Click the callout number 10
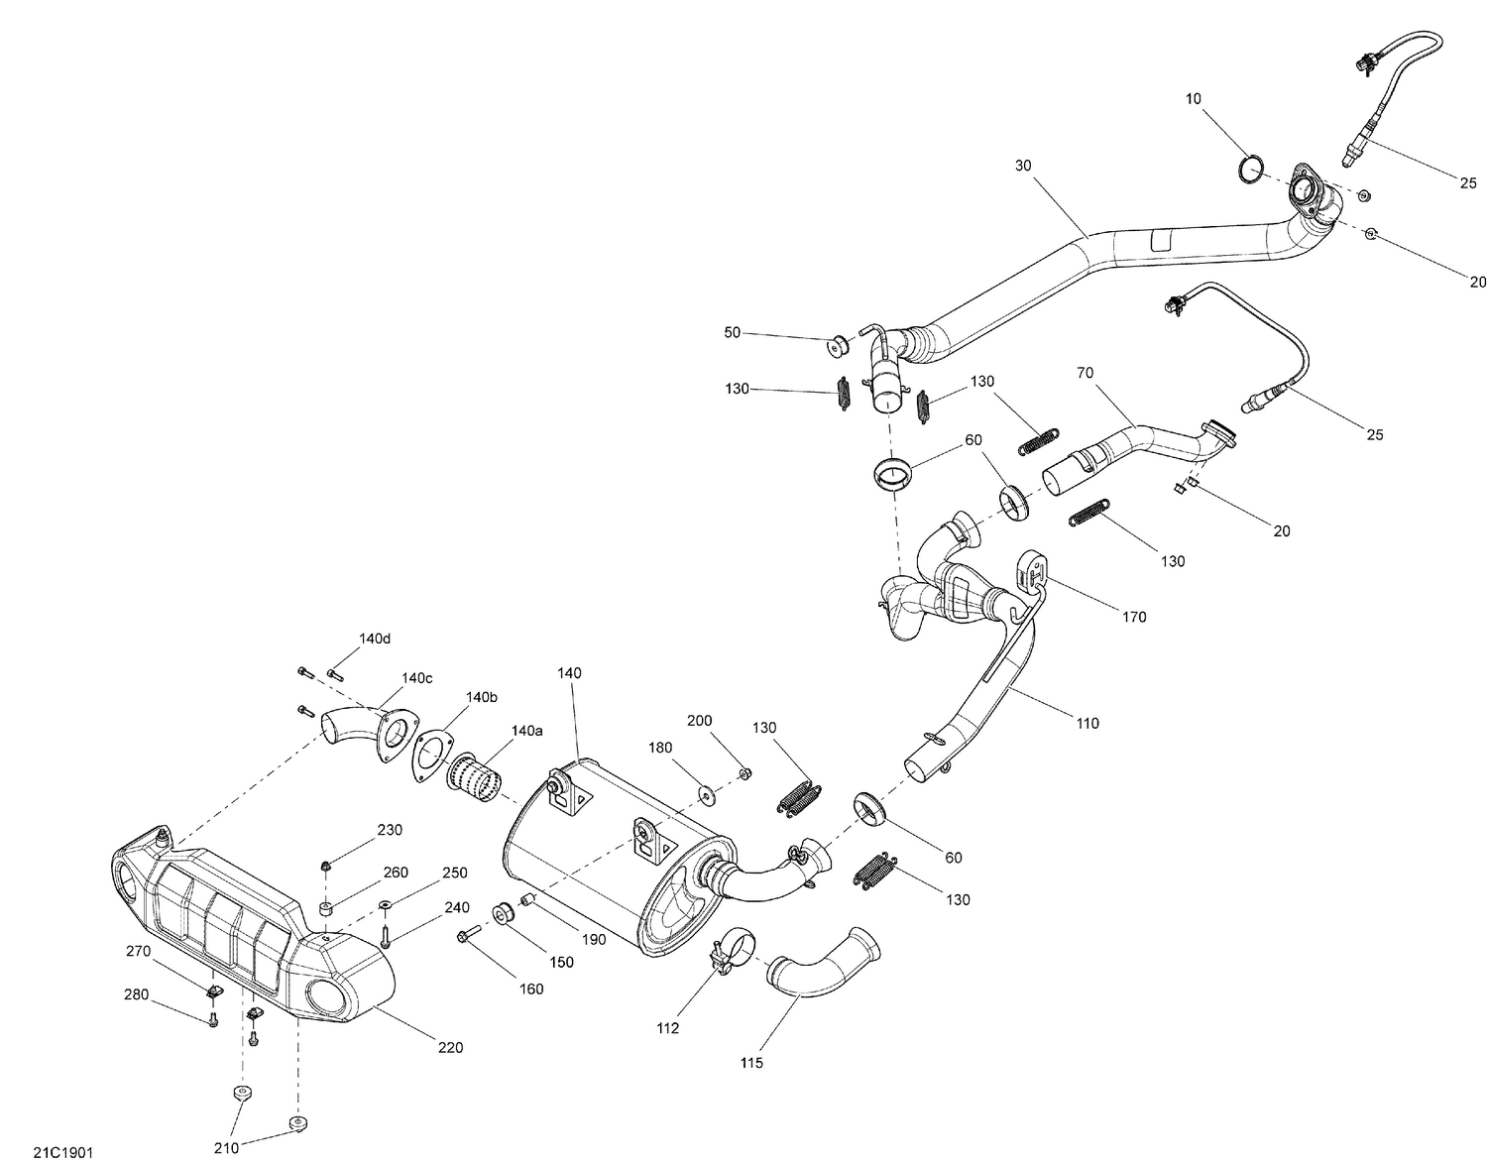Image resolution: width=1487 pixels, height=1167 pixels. pos(1193,99)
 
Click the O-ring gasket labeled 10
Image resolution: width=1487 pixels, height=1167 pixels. pos(1252,170)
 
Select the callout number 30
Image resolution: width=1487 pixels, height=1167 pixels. pos(1024,166)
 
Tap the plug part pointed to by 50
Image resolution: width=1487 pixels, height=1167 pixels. pos(840,345)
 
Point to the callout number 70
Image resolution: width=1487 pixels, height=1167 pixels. pos(1085,373)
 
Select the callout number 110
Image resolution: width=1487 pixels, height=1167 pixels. pos(1087,724)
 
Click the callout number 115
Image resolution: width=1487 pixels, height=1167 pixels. pos(750,1063)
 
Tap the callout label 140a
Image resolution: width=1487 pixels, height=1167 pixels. pos(526,731)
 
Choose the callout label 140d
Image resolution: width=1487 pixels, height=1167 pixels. pos(375,639)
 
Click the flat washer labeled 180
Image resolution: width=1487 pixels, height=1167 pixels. pos(708,793)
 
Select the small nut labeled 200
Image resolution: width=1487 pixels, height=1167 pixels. pos(745,772)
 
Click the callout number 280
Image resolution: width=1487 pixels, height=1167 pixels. pos(138,994)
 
